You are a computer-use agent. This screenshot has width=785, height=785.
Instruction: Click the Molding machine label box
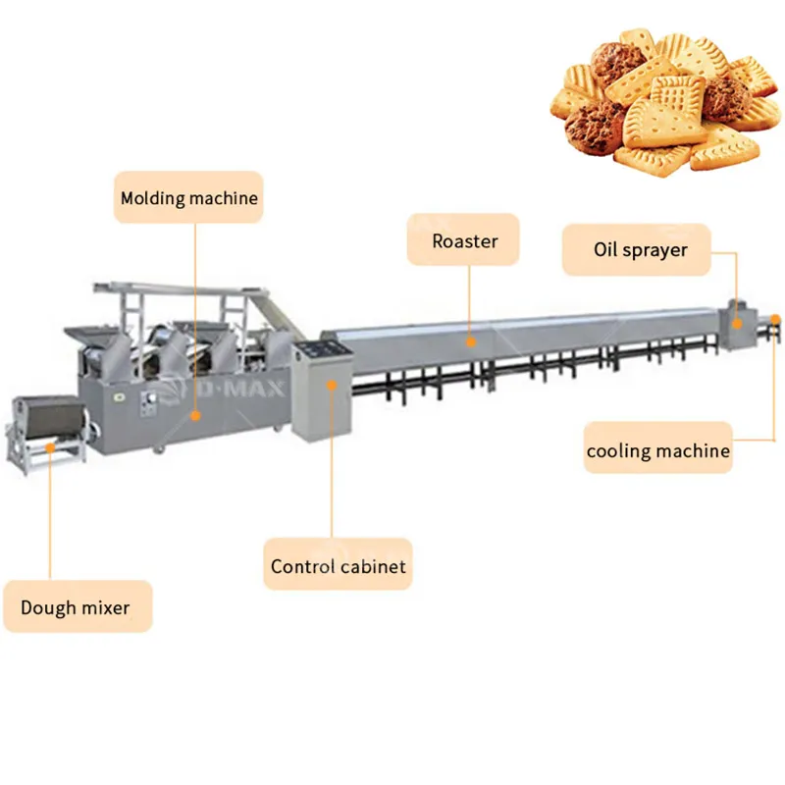point(188,197)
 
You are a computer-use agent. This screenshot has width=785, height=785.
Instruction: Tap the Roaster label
point(463,239)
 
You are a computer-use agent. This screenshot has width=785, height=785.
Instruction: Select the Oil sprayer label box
point(636,249)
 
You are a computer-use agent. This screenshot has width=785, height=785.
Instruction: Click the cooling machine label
point(657,447)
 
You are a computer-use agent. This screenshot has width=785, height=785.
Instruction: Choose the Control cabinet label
point(338,564)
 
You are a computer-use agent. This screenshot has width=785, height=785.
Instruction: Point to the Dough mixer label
point(78,606)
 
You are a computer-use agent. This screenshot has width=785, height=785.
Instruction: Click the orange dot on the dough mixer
point(50,447)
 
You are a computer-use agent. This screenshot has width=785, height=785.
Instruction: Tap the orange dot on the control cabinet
point(332,385)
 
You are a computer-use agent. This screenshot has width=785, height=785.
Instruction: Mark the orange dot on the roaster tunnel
point(471,342)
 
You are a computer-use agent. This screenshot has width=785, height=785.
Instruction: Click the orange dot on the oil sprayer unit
point(737,324)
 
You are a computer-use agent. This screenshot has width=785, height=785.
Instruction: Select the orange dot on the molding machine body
point(195,415)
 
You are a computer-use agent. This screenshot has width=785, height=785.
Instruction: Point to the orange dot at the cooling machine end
point(775,319)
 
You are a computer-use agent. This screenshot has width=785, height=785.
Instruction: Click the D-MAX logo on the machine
point(235,388)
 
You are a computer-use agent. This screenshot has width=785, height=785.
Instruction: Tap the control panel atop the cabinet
point(322,349)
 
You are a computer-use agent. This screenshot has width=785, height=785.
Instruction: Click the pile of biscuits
point(666,103)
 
